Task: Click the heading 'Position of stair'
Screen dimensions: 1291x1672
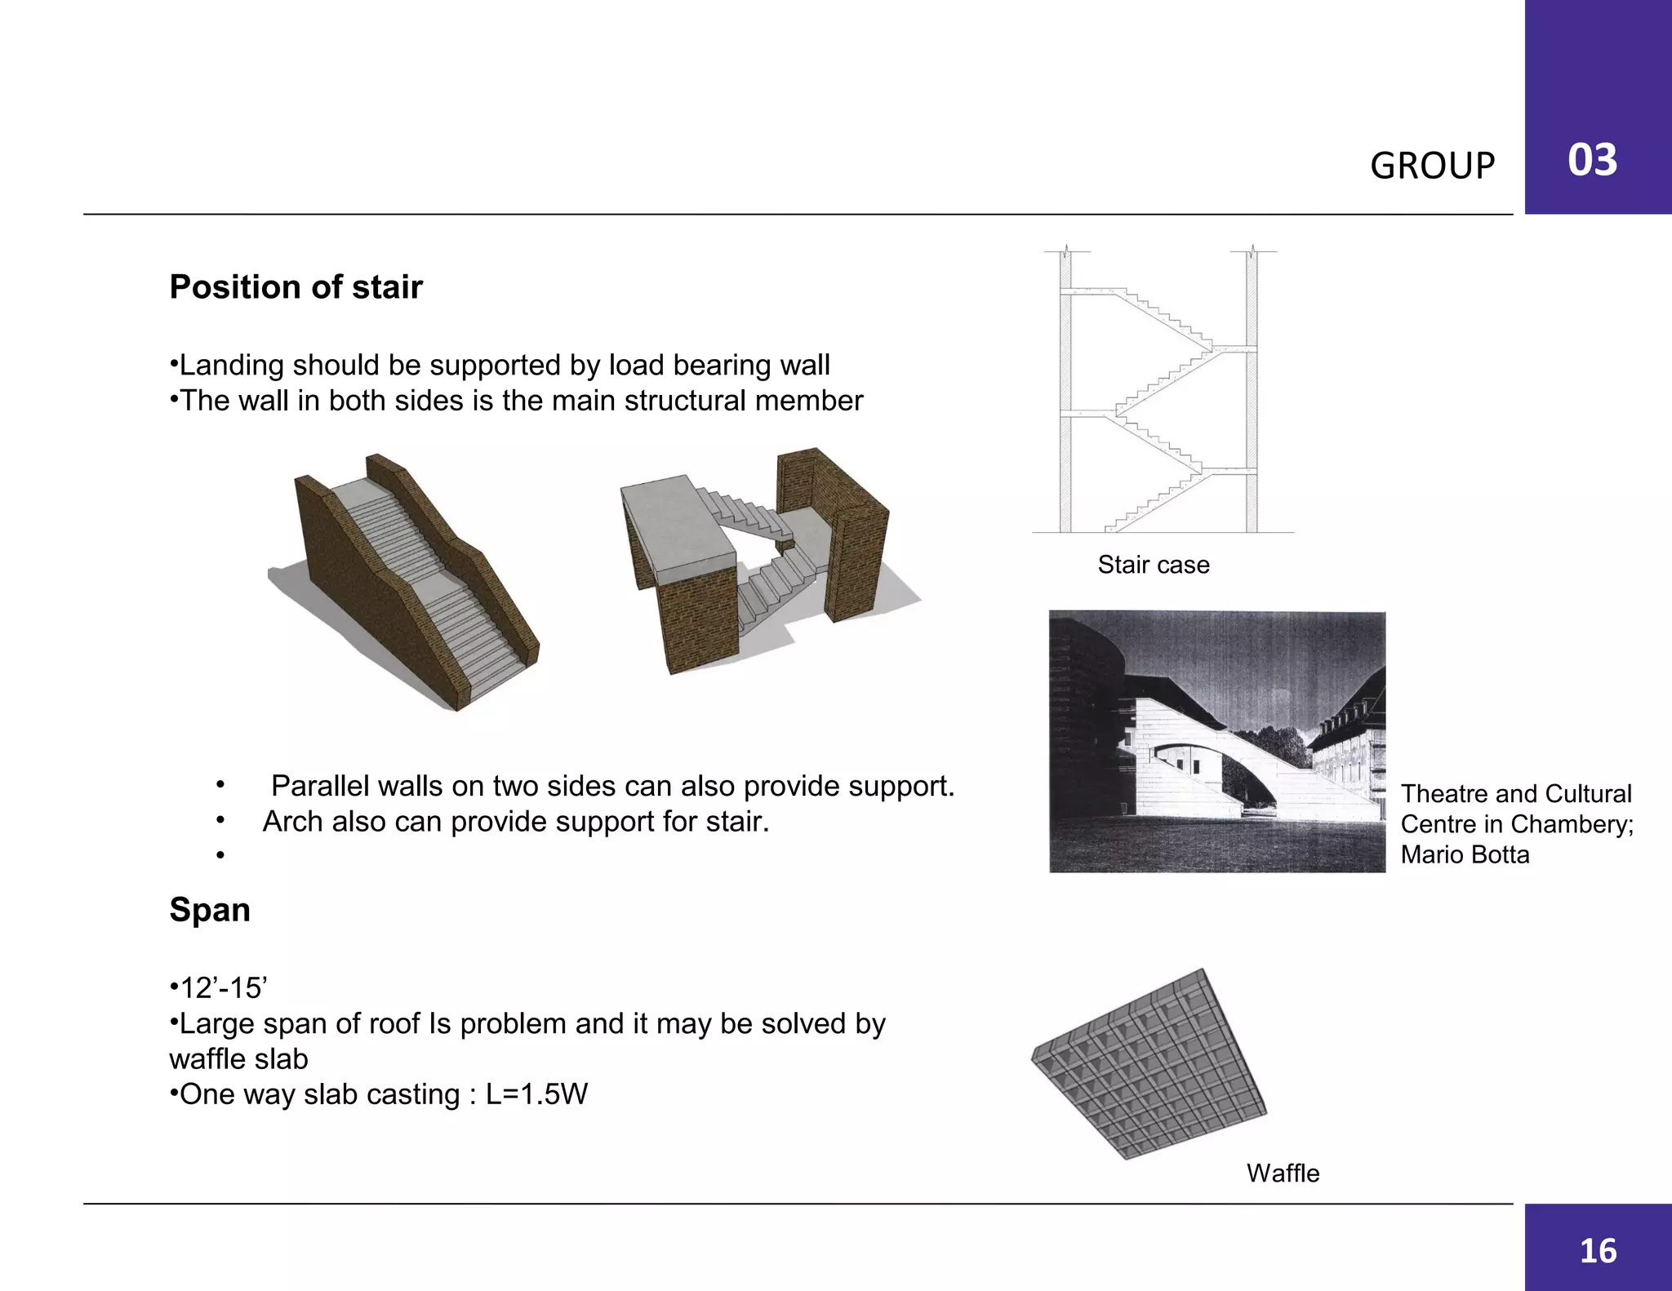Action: point(296,287)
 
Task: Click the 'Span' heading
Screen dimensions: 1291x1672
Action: point(210,910)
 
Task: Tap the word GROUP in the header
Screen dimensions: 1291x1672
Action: point(1432,166)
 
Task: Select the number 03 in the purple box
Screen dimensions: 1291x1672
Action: point(1592,160)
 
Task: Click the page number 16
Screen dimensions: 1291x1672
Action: point(1598,1251)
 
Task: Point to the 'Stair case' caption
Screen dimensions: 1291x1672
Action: point(1153,565)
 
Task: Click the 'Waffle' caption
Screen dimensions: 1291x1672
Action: point(1283,1173)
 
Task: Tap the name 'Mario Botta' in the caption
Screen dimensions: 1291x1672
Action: point(1465,854)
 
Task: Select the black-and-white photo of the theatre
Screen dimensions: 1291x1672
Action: point(1216,741)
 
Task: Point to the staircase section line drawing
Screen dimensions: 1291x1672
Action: point(1159,392)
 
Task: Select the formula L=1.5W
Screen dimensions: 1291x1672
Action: point(536,1094)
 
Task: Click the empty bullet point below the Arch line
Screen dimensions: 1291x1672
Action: point(220,855)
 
